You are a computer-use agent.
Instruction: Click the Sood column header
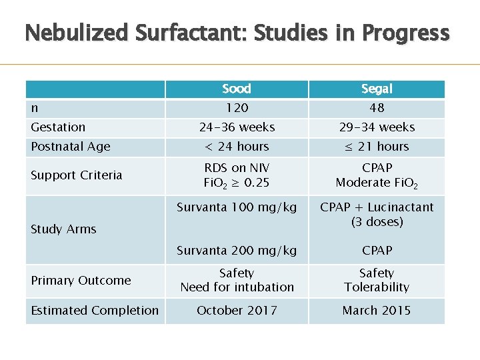pyautogui.click(x=237, y=89)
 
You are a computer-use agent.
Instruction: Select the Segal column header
pyautogui.click(x=377, y=89)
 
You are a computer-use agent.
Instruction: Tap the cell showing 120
pyautogui.click(x=237, y=108)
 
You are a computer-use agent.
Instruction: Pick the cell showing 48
pyautogui.click(x=377, y=108)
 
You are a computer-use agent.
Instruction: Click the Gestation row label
pyautogui.click(x=58, y=127)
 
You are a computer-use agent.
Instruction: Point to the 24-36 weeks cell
pyautogui.click(x=237, y=127)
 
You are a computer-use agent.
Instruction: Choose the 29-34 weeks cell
pyautogui.click(x=377, y=127)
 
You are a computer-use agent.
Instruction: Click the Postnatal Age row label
pyautogui.click(x=71, y=147)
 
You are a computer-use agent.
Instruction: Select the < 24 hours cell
pyautogui.click(x=237, y=147)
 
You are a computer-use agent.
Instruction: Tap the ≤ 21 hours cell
pyautogui.click(x=377, y=147)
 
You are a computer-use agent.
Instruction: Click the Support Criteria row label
pyautogui.click(x=77, y=175)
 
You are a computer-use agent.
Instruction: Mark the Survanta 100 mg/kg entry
pyautogui.click(x=237, y=207)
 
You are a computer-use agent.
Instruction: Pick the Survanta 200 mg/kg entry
pyautogui.click(x=237, y=251)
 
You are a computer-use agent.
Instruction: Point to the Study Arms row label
pyautogui.click(x=63, y=229)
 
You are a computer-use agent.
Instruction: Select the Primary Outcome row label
pyautogui.click(x=81, y=281)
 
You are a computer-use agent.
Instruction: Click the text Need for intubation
pyautogui.click(x=237, y=287)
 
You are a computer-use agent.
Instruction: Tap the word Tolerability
pyautogui.click(x=377, y=287)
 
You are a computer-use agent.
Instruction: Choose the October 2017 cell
pyautogui.click(x=237, y=311)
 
